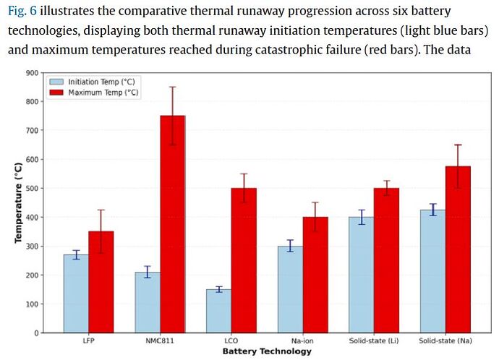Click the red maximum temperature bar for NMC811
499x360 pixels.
(x=172, y=224)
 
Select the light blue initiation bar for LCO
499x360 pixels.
(x=219, y=311)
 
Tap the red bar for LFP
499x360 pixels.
(x=101, y=282)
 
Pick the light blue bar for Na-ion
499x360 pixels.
(x=291, y=289)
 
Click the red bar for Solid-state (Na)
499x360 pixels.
(x=458, y=249)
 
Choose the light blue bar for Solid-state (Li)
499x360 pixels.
(x=362, y=275)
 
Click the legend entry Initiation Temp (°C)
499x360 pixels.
(x=101, y=82)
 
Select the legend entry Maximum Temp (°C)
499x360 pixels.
(x=103, y=93)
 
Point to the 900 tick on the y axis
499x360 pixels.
(x=32, y=73)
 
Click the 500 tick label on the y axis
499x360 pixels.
(x=32, y=189)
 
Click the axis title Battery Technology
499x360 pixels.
(x=268, y=351)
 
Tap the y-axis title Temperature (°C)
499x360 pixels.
(x=18, y=203)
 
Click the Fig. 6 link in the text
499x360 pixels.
(x=22, y=12)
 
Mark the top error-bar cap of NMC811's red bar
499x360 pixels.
(x=172, y=87)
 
